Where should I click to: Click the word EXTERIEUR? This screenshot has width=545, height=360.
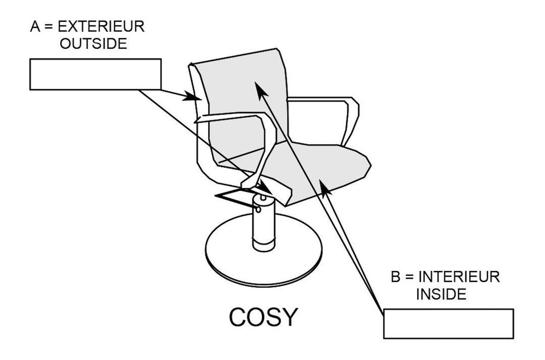[101, 26]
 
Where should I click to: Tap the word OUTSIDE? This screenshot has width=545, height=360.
[93, 44]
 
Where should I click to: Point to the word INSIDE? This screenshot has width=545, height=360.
[442, 294]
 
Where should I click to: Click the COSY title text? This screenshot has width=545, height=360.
[263, 317]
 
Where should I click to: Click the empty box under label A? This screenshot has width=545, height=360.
[95, 74]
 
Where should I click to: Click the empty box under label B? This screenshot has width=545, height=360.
[449, 324]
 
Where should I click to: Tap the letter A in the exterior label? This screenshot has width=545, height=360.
[35, 26]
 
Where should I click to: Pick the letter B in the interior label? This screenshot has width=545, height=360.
[396, 277]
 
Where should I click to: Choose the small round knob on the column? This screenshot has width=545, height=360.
[258, 210]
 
